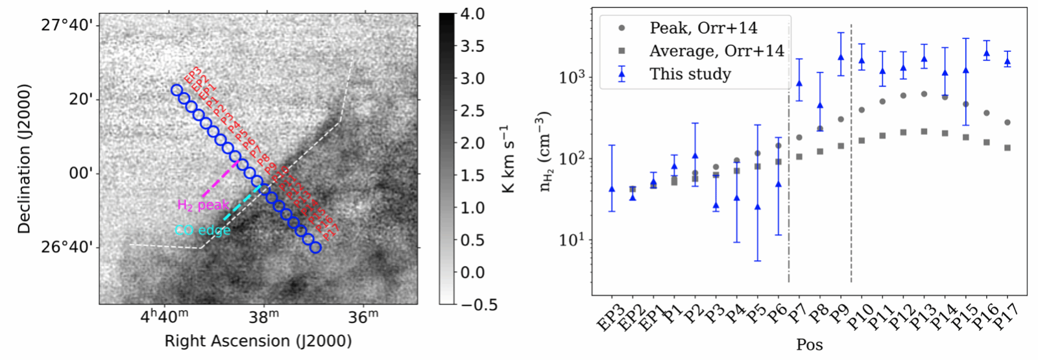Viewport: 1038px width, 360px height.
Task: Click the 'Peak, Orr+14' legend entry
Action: pos(703,28)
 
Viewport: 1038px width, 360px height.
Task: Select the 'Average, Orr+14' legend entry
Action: pos(716,51)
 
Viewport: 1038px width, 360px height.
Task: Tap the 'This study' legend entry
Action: pos(690,74)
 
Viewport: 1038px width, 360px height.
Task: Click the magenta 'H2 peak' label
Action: pos(203,205)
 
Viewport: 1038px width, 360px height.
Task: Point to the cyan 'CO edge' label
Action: pos(202,230)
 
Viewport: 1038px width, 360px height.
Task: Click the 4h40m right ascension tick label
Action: pos(165,317)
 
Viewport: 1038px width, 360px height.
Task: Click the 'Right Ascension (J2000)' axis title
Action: pos(258,341)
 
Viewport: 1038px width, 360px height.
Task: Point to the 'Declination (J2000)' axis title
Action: pos(24,158)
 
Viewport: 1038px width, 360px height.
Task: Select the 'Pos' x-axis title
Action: pos(809,345)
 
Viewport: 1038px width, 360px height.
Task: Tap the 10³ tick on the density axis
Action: pos(572,77)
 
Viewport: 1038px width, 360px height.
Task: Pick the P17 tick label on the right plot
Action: pos(1006,318)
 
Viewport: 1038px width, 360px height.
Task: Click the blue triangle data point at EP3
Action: pos(612,189)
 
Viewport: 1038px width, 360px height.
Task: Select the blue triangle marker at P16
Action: pos(987,54)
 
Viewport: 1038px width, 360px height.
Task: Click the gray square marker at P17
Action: pos(1008,148)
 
